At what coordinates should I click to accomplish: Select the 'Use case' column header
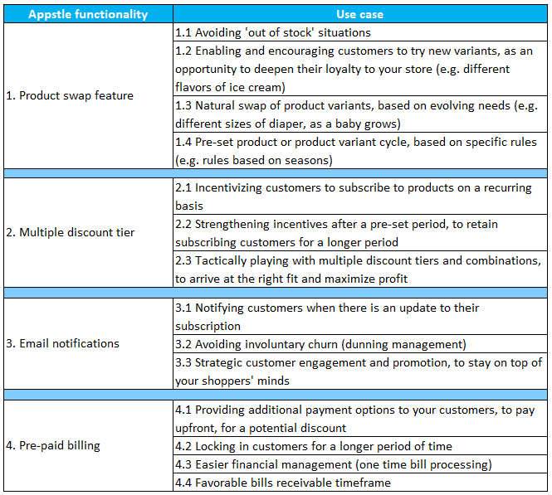[x=359, y=14]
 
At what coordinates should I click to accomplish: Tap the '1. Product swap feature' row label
[x=76, y=95]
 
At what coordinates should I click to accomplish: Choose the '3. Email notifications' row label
[x=69, y=343]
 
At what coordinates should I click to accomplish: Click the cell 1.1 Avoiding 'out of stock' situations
[x=273, y=32]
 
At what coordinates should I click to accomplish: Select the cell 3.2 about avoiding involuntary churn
[x=320, y=344]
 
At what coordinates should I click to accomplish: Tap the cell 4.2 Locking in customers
[x=314, y=446]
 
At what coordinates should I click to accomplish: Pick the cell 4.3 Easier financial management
[x=333, y=464]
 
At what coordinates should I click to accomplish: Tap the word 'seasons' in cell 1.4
[x=306, y=160]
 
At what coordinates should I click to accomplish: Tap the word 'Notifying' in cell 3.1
[x=224, y=308]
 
